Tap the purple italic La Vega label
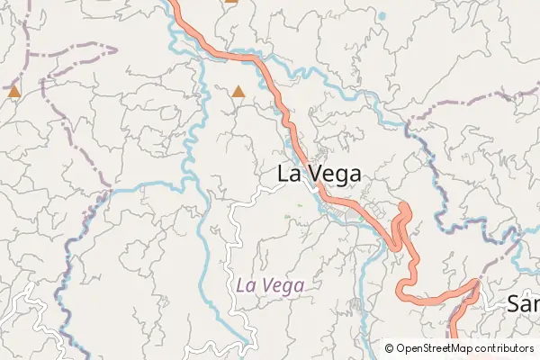[x=270, y=285]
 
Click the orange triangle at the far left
[x=13, y=92]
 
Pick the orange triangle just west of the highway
[x=238, y=91]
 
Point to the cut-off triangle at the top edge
[x=231, y=2]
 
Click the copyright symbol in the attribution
[x=389, y=348]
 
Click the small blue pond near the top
[x=382, y=16]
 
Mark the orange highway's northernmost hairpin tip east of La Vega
[x=404, y=208]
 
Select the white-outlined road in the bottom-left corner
[x=27, y=301]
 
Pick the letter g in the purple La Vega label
[x=288, y=287]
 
